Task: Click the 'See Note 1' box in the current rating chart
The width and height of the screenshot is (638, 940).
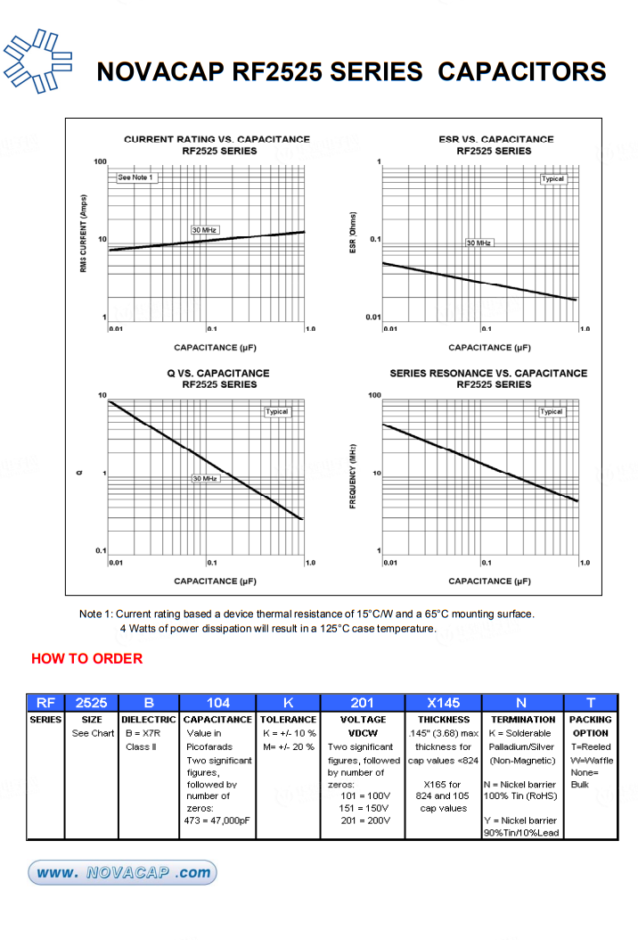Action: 136,177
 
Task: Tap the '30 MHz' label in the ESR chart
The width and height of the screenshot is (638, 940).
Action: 478,243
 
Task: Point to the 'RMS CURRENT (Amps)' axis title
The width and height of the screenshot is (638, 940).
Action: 83,234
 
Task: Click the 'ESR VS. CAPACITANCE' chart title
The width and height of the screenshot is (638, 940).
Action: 496,139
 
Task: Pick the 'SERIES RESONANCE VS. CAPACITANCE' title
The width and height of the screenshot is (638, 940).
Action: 488,373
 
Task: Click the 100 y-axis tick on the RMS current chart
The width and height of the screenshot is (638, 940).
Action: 100,161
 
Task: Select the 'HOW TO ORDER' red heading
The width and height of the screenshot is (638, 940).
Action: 86,659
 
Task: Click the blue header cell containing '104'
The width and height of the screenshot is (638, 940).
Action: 217,703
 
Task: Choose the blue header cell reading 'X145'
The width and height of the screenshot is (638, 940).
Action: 443,703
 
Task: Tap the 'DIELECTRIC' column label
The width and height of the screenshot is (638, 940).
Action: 148,719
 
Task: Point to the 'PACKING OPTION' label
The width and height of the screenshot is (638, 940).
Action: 590,726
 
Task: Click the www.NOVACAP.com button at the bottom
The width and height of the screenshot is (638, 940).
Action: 122,872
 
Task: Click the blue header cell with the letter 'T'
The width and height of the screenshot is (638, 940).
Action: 590,703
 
